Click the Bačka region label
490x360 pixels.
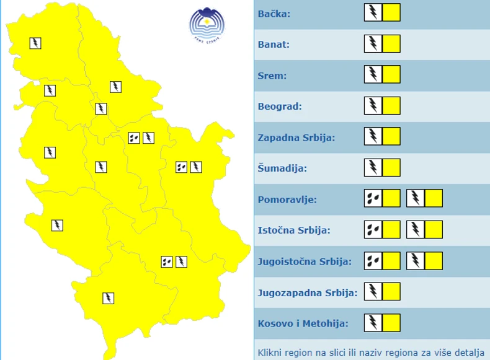point(274,13)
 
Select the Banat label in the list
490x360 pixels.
point(274,44)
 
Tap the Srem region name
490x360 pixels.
point(272,75)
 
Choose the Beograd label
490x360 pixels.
point(280,106)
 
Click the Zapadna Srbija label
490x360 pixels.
point(296,137)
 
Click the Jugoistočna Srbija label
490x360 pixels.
point(305,261)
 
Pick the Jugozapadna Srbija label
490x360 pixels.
point(308,292)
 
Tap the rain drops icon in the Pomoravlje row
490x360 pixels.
point(373,198)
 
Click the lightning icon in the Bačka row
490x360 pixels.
point(373,12)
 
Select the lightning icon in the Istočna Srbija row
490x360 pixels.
point(416,229)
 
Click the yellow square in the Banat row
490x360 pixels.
point(391,43)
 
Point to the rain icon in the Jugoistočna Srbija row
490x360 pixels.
point(373,260)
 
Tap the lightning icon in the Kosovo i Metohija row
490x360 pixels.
point(373,322)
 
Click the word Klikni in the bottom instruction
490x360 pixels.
point(270,353)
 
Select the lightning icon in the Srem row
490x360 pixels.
point(373,74)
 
